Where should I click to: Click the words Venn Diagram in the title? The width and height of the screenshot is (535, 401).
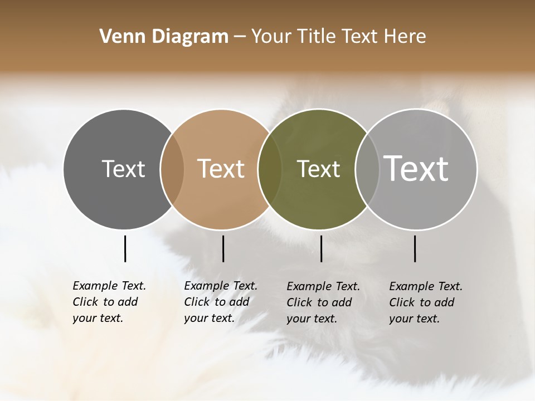point(164,37)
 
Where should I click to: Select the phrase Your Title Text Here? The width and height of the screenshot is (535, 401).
point(338,37)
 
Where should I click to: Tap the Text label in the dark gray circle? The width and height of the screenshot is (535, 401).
point(123,169)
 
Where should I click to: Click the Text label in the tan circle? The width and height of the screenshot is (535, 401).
point(221,169)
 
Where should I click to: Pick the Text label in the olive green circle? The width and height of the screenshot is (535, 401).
point(318,169)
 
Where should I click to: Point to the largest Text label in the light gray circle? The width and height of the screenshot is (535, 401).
point(416,169)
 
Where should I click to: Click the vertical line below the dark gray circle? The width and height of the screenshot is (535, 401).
point(125,248)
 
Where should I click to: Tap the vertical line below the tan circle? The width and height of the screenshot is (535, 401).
point(223,248)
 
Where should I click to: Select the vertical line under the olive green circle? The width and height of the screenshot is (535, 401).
point(321,248)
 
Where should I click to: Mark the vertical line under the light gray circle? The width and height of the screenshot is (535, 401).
point(415,248)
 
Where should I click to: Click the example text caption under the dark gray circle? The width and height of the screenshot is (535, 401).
point(109,302)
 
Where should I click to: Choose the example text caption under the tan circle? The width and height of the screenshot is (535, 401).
point(220,302)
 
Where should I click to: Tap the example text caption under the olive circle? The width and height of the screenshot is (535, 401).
point(323,302)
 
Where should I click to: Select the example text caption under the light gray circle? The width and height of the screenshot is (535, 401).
point(425,302)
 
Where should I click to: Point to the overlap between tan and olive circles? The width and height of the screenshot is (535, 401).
point(270,169)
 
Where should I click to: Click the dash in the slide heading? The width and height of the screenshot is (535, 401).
point(240,37)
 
